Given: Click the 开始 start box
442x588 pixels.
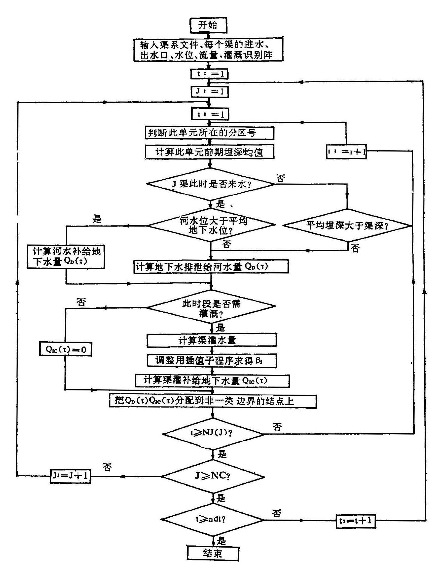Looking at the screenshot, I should point(208,26).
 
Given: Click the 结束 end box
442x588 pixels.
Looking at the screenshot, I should point(213,559).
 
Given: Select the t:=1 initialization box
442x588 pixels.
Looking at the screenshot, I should point(210,74).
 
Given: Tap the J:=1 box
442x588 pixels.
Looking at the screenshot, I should point(210,92).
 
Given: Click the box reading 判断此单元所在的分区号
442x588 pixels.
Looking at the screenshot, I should point(209,133).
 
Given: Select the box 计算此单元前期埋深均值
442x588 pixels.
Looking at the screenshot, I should point(209,152).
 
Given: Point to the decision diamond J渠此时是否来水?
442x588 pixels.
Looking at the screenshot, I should point(210,184).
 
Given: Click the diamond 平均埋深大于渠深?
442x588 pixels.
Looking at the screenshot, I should point(347,225).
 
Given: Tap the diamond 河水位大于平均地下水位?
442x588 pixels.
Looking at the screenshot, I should point(211,225).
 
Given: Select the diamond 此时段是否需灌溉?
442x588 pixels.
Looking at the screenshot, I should point(211,306).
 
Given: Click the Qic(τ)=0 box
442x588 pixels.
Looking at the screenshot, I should point(65,350).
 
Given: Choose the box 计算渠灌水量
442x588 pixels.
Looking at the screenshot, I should point(211,340).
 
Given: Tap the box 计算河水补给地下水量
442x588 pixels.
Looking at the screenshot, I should point(66,256).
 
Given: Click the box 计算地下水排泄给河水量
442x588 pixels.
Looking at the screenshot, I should point(211,267).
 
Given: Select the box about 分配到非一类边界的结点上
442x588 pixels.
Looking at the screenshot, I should point(213,401).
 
